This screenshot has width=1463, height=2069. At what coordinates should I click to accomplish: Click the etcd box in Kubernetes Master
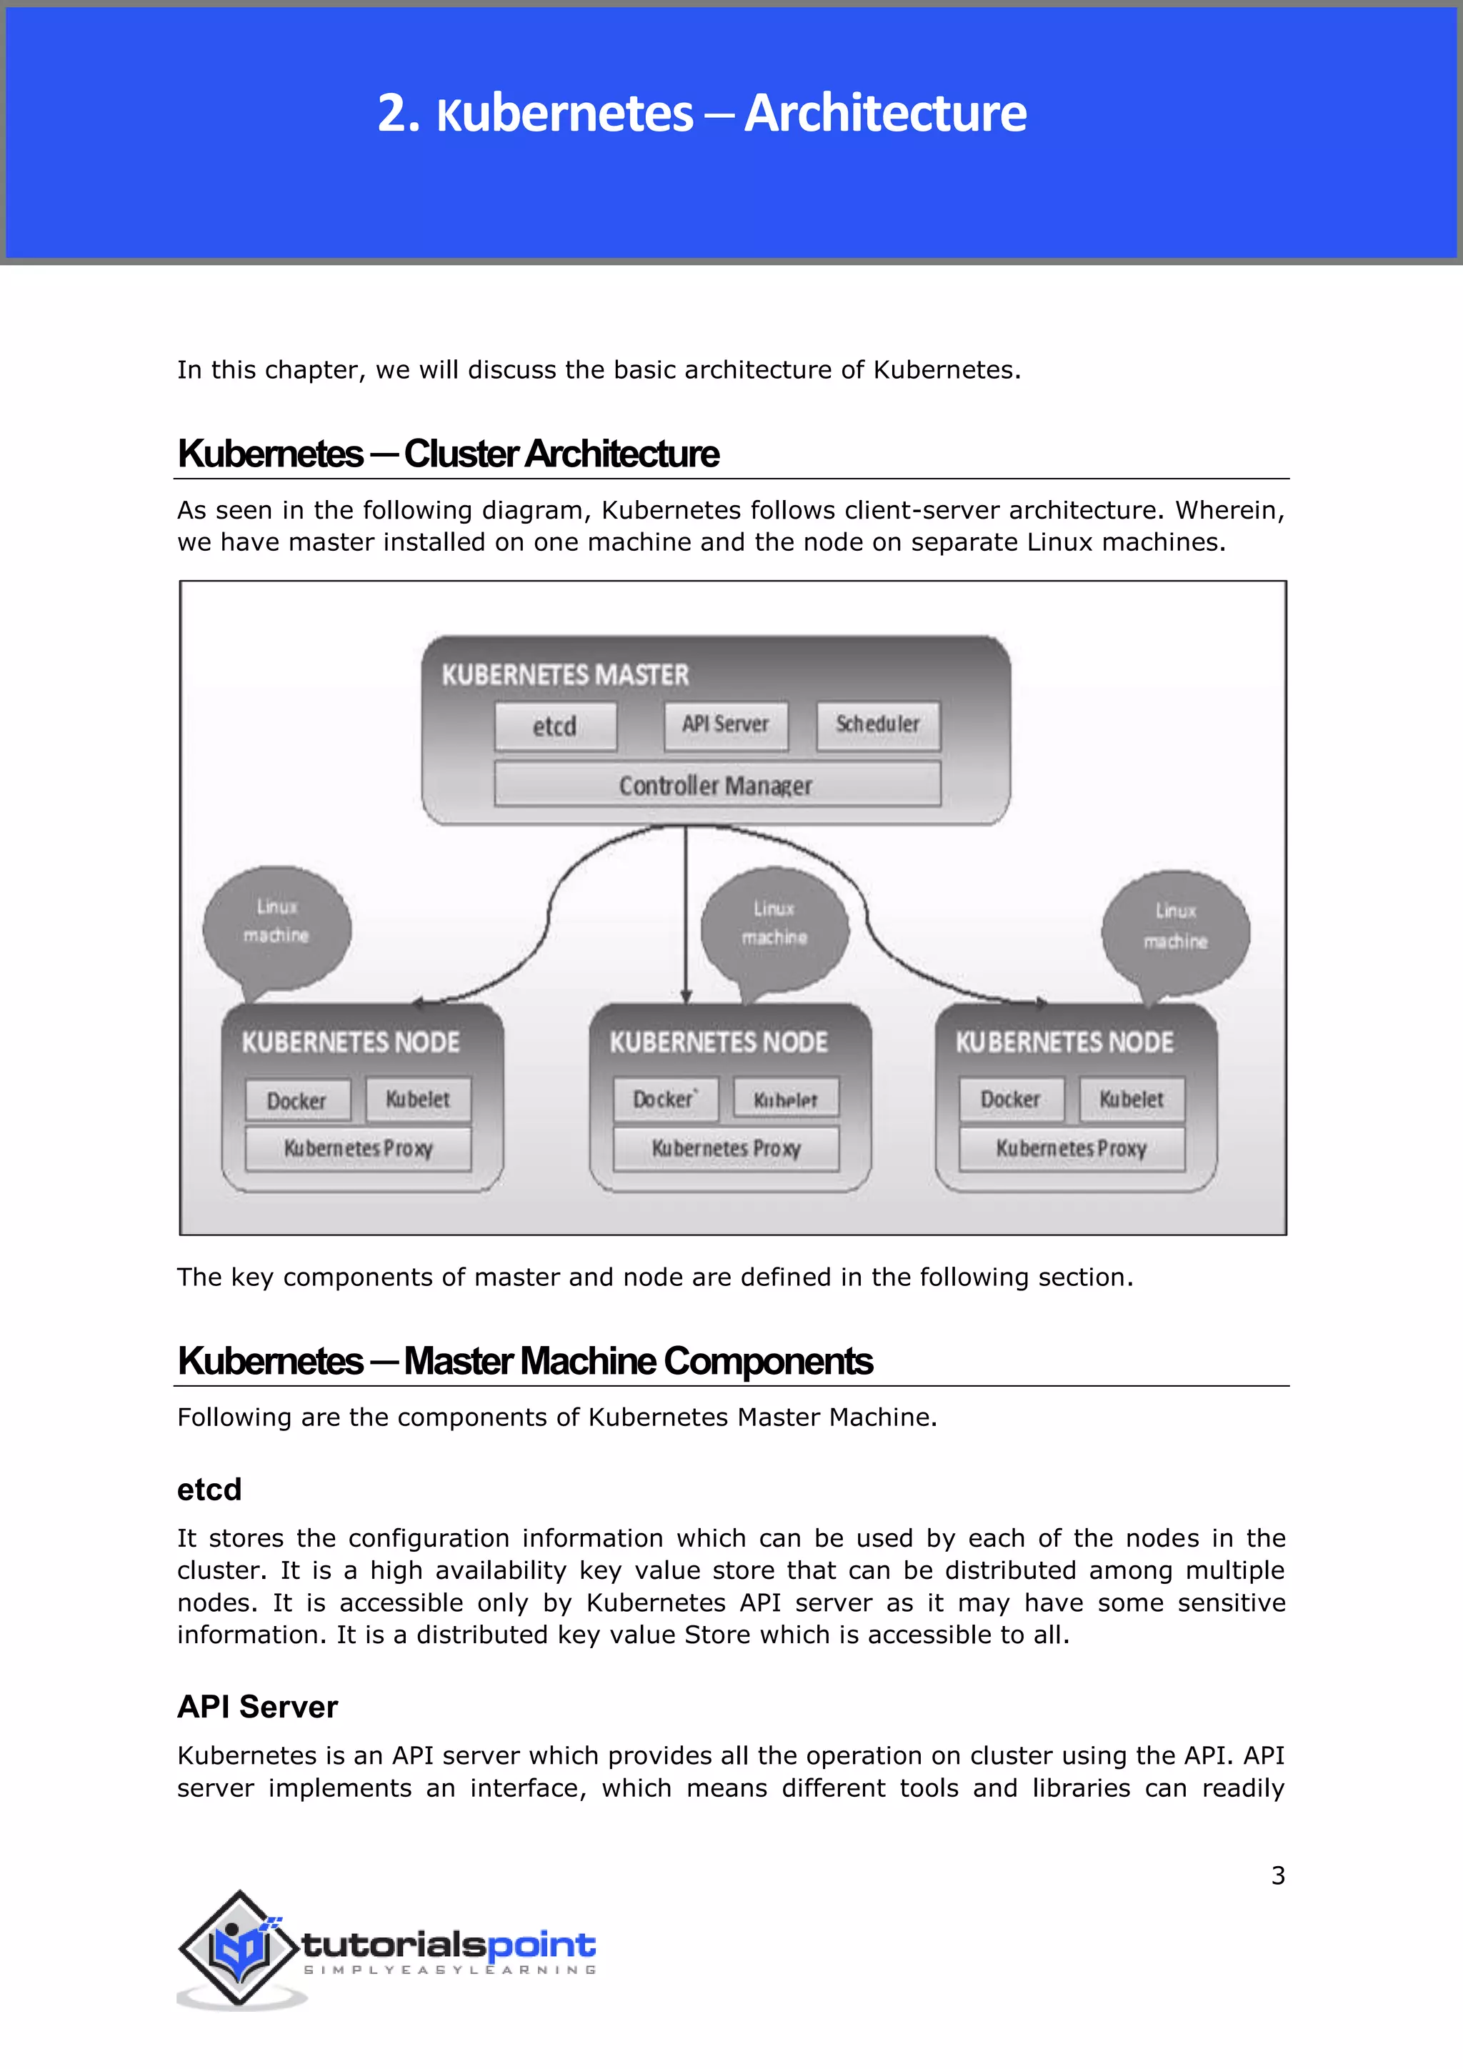555,727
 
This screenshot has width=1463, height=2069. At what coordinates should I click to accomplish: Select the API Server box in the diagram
725,725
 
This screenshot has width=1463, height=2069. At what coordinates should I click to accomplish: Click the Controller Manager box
716,785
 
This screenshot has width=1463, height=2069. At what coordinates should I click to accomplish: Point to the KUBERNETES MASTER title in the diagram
565,675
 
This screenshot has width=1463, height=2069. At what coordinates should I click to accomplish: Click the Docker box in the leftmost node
297,1100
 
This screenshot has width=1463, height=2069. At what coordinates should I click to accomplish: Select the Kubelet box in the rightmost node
1132,1100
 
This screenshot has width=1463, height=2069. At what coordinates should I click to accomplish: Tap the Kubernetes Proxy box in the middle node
726,1148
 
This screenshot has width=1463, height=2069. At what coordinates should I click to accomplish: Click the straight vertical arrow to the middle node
686,910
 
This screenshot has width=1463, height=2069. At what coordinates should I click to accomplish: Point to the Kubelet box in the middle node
786,1100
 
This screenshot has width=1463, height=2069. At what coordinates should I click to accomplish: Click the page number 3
1277,1875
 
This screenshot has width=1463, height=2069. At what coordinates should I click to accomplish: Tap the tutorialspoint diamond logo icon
238,1948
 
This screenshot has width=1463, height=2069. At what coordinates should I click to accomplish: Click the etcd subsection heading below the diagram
209,1490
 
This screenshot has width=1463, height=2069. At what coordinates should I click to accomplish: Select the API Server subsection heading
258,1707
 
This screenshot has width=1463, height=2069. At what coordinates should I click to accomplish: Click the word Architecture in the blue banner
886,114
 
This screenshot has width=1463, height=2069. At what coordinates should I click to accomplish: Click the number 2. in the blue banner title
398,114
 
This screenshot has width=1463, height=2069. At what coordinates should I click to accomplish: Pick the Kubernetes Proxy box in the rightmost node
1071,1148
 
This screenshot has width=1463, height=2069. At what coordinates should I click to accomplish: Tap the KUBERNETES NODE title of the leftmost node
351,1042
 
